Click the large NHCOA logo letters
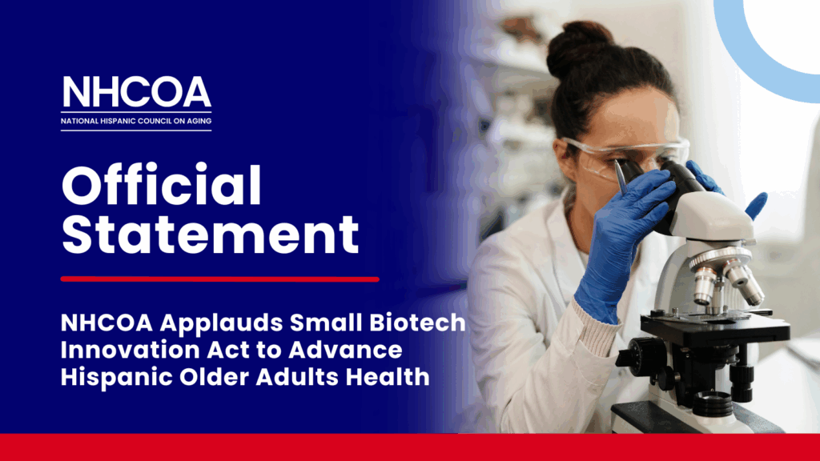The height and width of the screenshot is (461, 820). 136,92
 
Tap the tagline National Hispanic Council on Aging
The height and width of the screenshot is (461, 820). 136,121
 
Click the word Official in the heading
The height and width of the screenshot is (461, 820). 162,185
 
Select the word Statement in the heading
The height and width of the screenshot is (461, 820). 211,234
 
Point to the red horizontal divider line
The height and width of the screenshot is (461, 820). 219,279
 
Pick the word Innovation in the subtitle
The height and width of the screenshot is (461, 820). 130,350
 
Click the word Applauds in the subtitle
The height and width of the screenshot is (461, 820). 222,323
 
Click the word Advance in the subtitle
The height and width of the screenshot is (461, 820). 345,350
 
